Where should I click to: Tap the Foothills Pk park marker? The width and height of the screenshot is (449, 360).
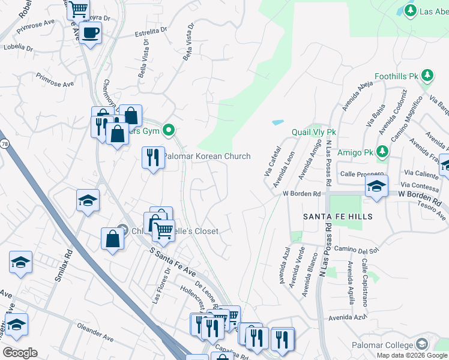point(427,75)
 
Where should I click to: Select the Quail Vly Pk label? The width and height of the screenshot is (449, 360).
point(313,132)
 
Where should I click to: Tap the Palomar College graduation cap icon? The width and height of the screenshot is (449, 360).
point(422,344)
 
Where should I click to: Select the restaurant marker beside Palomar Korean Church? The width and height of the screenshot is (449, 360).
point(152,157)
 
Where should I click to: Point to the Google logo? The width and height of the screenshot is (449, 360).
point(20,353)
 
